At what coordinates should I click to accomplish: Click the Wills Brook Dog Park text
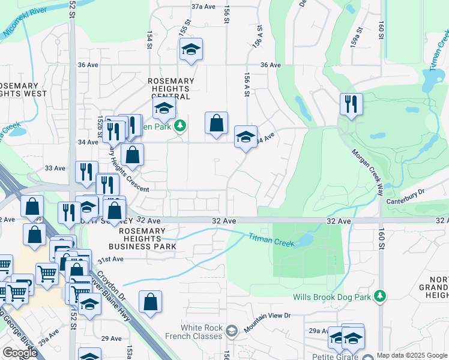[331, 297]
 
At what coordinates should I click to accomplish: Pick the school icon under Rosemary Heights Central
[162, 109]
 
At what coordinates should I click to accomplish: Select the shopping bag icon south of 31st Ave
[150, 302]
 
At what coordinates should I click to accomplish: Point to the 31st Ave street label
[110, 259]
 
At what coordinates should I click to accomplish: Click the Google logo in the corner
[20, 353]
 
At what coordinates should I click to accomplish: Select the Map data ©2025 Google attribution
[411, 355]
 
